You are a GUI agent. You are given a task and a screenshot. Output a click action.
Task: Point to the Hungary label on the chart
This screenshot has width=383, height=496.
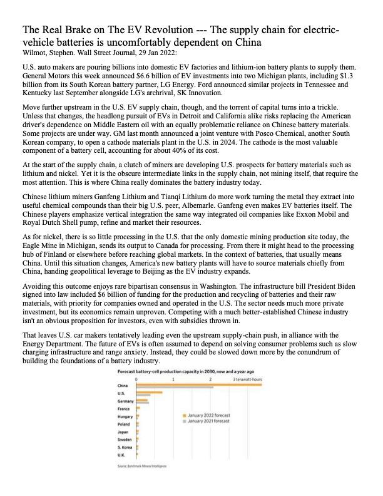[x=125, y=416]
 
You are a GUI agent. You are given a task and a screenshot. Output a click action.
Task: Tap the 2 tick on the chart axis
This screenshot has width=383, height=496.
[x=210, y=378]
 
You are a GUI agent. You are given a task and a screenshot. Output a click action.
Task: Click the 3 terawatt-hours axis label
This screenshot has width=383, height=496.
[x=248, y=378]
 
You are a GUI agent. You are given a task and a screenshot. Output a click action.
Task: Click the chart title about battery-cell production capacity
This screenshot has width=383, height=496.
[x=168, y=371]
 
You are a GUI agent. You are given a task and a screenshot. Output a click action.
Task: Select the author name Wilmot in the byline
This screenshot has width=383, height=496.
[x=36, y=53]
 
